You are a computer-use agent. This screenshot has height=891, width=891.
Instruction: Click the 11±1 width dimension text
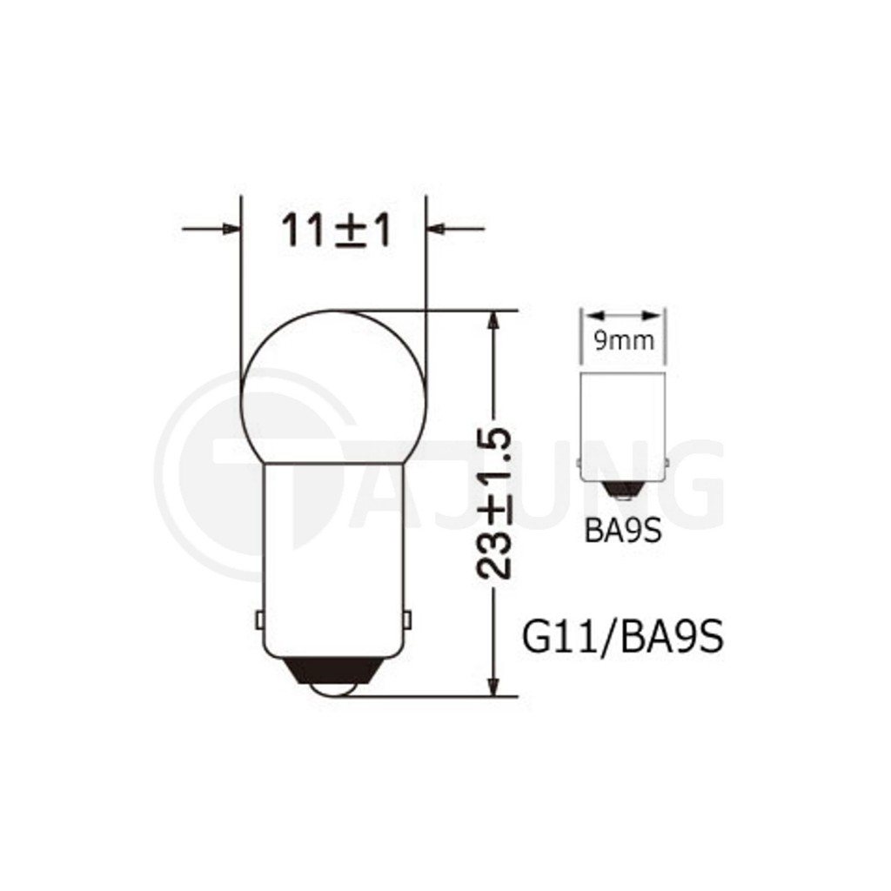336,230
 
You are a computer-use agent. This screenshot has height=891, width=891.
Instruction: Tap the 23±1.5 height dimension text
494,504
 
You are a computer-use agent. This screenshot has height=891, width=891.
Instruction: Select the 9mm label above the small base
623,340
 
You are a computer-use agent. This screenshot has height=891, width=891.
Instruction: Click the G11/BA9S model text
623,637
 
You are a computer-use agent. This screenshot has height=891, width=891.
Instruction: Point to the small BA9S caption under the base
623,532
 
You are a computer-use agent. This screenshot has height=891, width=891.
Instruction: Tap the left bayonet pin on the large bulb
259,620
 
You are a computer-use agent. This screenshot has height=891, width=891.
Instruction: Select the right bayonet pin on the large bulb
406,620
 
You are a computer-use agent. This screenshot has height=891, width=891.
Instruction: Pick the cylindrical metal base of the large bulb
333,559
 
